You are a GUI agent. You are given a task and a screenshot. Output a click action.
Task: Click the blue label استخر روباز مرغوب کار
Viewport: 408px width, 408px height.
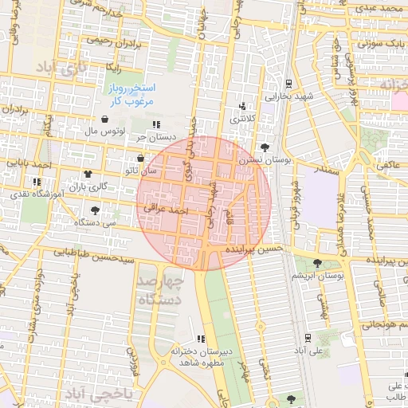pyautogui.click(x=132, y=93)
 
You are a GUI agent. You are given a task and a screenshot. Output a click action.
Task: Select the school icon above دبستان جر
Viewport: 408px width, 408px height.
pyautogui.click(x=156, y=124)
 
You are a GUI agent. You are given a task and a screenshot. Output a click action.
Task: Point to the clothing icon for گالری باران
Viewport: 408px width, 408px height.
pyautogui.click(x=88, y=175)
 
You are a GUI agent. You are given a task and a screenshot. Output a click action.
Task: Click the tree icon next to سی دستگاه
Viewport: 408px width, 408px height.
pyautogui.click(x=96, y=211)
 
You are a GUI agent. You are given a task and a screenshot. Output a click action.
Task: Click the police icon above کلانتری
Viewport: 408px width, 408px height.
pyautogui.click(x=243, y=106)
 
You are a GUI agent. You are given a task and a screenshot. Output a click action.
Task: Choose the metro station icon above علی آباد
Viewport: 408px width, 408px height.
pyautogui.click(x=308, y=338)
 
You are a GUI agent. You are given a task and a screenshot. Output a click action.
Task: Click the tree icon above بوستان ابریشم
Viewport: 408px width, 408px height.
pyautogui.click(x=318, y=263)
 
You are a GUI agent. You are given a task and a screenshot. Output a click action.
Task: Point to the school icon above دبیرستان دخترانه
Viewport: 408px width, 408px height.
pyautogui.click(x=201, y=339)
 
